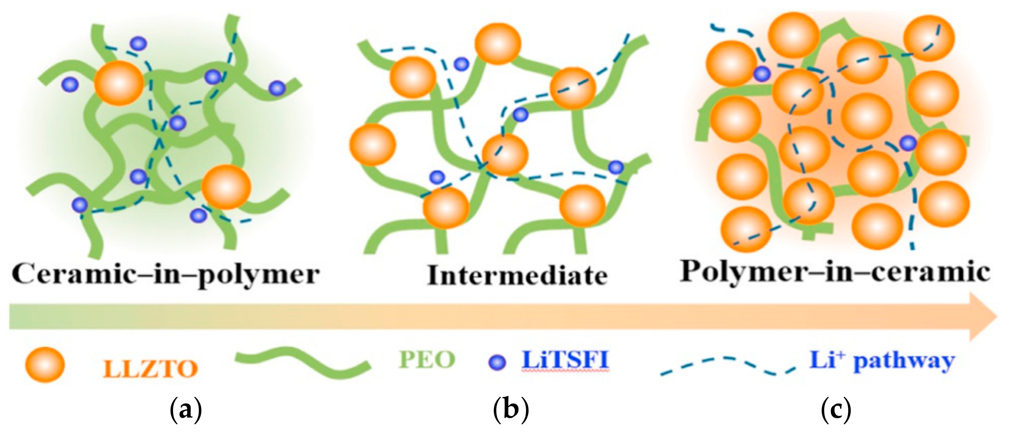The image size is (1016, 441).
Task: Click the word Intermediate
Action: click(x=518, y=275)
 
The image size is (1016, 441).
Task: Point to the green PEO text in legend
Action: click(x=427, y=360)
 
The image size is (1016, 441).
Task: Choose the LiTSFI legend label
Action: click(x=565, y=360)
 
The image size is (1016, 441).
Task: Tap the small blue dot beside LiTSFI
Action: click(x=497, y=362)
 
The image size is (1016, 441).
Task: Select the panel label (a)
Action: click(x=185, y=411)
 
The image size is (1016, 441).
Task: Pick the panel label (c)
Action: click(x=836, y=411)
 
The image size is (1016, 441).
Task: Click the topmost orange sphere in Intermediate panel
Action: click(x=498, y=43)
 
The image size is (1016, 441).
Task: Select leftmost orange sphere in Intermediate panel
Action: click(x=372, y=144)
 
